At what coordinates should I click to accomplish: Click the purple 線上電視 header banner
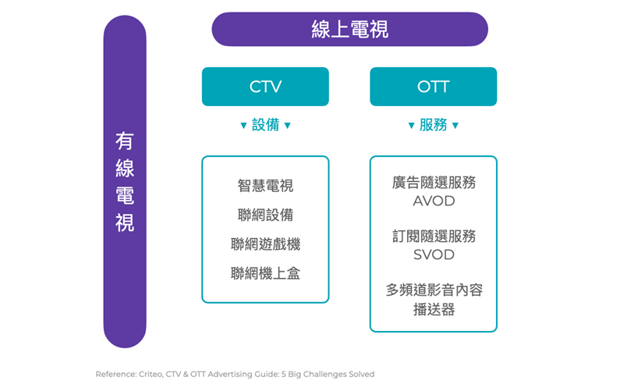pos(349,29)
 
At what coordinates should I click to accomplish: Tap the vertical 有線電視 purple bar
pos(125,182)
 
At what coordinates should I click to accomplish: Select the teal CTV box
pos(265,87)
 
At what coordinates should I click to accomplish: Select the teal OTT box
pos(434,87)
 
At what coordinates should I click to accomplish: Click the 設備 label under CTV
pos(265,125)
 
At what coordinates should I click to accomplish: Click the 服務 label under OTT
pos(434,125)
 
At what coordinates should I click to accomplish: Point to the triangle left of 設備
pos(243,126)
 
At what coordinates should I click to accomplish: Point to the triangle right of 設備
pos(287,126)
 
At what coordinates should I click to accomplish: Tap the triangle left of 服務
pos(412,126)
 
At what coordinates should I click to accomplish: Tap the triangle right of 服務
pos(456,126)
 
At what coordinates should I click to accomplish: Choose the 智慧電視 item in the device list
pos(265,186)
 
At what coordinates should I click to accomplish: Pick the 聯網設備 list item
pos(265,215)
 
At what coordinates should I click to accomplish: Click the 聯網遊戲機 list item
pos(265,244)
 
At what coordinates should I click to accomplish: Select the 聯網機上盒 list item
pos(265,273)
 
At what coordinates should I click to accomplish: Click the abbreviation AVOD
pos(434,201)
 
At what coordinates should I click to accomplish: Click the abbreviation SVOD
pos(434,255)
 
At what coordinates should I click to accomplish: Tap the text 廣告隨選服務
pos(434,183)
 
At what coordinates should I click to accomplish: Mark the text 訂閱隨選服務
pos(434,237)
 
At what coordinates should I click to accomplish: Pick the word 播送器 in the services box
pos(434,309)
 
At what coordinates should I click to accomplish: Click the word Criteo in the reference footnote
pos(150,374)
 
